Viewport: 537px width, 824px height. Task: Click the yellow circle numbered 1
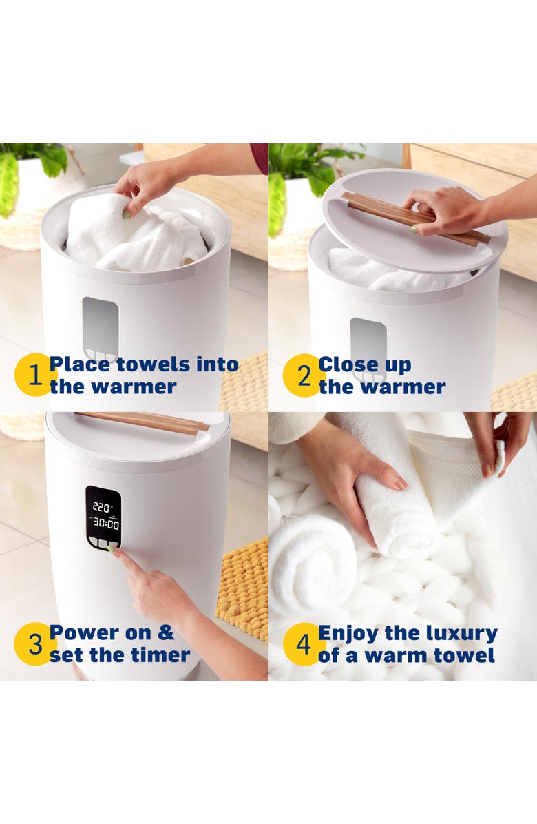tap(32, 375)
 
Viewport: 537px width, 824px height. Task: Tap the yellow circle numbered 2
tap(301, 375)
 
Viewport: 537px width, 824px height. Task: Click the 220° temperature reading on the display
tap(102, 506)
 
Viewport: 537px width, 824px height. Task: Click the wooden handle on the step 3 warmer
tap(142, 422)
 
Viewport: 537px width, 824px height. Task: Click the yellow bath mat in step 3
tap(244, 586)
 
